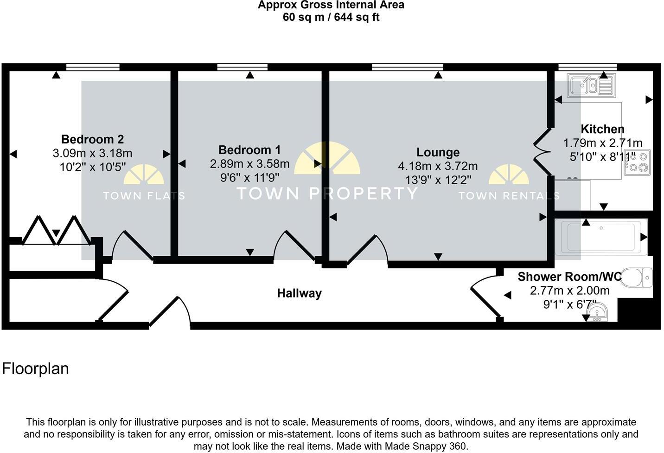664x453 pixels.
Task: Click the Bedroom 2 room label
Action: tap(92, 139)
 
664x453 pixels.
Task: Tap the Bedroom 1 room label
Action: tap(249, 150)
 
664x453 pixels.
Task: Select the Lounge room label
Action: tap(438, 152)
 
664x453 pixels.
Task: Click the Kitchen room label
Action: tap(602, 129)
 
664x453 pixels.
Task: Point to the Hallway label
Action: tap(299, 293)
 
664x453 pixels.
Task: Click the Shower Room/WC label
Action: tap(569, 277)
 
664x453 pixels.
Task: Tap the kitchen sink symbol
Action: tap(592, 85)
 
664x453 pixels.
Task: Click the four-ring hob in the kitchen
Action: tap(637, 162)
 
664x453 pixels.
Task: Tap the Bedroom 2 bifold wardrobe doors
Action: tap(56, 230)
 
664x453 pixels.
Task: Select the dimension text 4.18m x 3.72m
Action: tap(438, 166)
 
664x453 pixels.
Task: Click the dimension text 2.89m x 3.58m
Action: tap(249, 164)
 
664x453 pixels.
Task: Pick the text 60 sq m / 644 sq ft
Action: tap(331, 18)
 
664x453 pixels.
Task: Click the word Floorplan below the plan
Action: tap(36, 369)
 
